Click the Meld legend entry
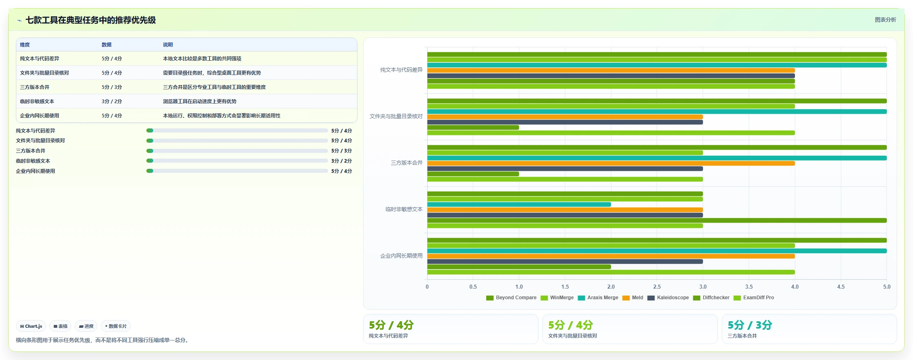coord(633,298)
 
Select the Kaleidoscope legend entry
coord(668,298)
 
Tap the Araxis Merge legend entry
coord(598,298)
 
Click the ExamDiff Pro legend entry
coord(754,298)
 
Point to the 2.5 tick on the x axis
coord(657,287)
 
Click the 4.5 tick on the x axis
coord(841,287)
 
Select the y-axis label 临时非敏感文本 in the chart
coord(404,209)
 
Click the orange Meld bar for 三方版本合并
coord(611,163)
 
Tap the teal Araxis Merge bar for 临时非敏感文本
coord(519,205)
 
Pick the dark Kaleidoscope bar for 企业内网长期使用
coord(565,262)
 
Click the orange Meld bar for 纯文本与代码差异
coord(611,71)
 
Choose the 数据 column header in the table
coord(106,45)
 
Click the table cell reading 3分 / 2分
coord(112,102)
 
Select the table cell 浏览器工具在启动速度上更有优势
coord(200,102)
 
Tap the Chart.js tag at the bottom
coord(31,326)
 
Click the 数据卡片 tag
coord(116,326)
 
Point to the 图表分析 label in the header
coord(885,20)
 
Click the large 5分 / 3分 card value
coord(750,325)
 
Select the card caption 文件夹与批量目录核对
coord(572,336)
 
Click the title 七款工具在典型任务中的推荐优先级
coord(90,20)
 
